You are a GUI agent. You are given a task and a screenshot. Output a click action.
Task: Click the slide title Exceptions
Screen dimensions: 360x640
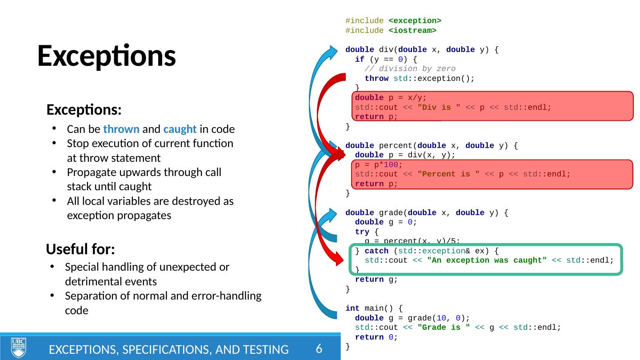(x=106, y=56)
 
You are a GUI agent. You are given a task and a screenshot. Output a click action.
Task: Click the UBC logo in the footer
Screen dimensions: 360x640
(x=18, y=348)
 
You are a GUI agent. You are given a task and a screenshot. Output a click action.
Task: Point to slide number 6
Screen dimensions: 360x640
(x=319, y=349)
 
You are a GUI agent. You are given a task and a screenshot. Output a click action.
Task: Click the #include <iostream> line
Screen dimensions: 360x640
(x=391, y=31)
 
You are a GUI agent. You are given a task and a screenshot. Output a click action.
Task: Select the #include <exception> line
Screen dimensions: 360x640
(x=393, y=21)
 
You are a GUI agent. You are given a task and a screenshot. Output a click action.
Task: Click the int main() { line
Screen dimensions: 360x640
(x=374, y=308)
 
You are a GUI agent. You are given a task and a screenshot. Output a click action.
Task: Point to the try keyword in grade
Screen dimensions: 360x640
(x=362, y=232)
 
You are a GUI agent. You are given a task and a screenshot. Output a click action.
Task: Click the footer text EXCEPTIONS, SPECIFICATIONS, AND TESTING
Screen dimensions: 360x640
(x=168, y=350)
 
